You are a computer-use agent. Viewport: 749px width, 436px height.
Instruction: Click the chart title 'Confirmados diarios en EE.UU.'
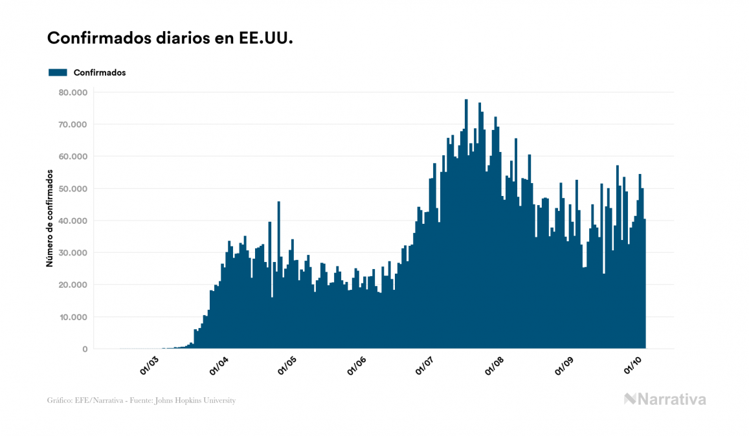[170, 38]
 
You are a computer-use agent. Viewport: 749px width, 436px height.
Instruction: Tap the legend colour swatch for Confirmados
[58, 72]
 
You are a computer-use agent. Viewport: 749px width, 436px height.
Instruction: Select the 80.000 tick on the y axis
[72, 92]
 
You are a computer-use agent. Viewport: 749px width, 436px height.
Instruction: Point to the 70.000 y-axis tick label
[72, 124]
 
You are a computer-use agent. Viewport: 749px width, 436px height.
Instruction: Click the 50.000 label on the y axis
[72, 188]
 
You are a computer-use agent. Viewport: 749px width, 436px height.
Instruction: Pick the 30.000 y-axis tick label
[72, 252]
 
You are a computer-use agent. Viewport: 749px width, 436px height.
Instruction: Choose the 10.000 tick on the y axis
[72, 317]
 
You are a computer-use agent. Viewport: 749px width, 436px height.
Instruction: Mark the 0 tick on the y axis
[84, 349]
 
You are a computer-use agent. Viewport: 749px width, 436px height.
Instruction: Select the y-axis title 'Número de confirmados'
[49, 218]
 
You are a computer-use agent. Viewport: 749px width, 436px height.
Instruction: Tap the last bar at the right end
[645, 285]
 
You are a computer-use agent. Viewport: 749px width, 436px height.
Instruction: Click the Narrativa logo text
[671, 399]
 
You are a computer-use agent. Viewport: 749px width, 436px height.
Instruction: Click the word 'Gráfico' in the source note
[59, 400]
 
